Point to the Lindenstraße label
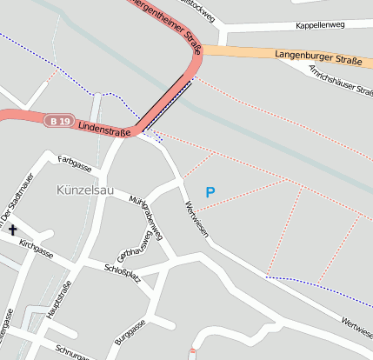coord(103,128)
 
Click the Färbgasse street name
coord(75,163)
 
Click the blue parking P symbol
coord(210,191)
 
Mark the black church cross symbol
coord(13,230)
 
